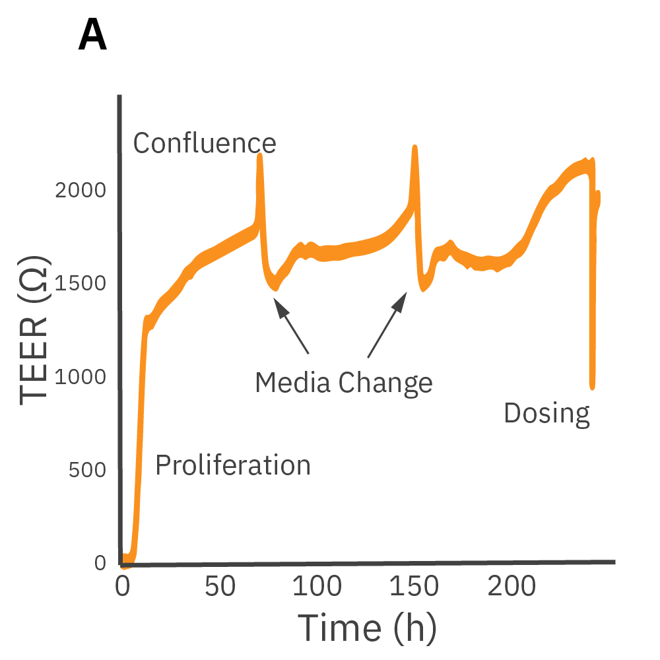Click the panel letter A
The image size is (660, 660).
point(92,36)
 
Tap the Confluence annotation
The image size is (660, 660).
point(205,143)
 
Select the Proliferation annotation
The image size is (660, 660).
point(232,465)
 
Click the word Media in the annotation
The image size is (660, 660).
point(293,382)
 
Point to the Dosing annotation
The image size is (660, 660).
point(546,414)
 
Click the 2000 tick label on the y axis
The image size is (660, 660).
point(81,191)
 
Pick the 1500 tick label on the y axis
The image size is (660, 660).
point(81,284)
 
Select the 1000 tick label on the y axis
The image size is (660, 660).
point(81,377)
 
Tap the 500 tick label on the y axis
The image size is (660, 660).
point(88,470)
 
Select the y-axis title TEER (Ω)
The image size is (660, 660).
point(34,330)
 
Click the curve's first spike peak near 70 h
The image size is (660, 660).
point(260,156)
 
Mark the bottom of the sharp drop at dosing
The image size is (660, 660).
point(592,386)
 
